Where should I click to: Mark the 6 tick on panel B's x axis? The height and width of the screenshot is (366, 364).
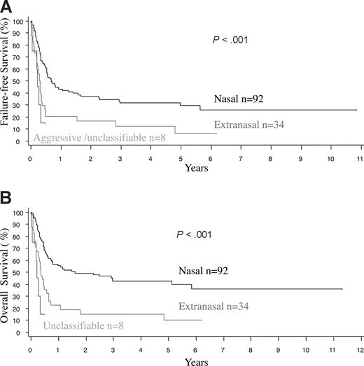pos(195,348)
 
